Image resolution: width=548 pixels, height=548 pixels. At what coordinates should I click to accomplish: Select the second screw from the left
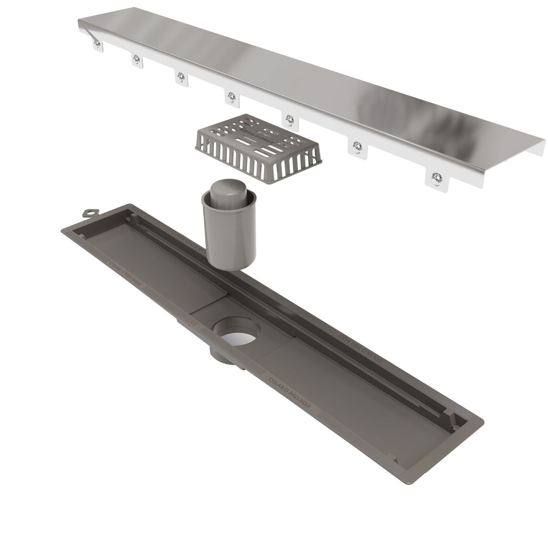coord(136,58)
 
